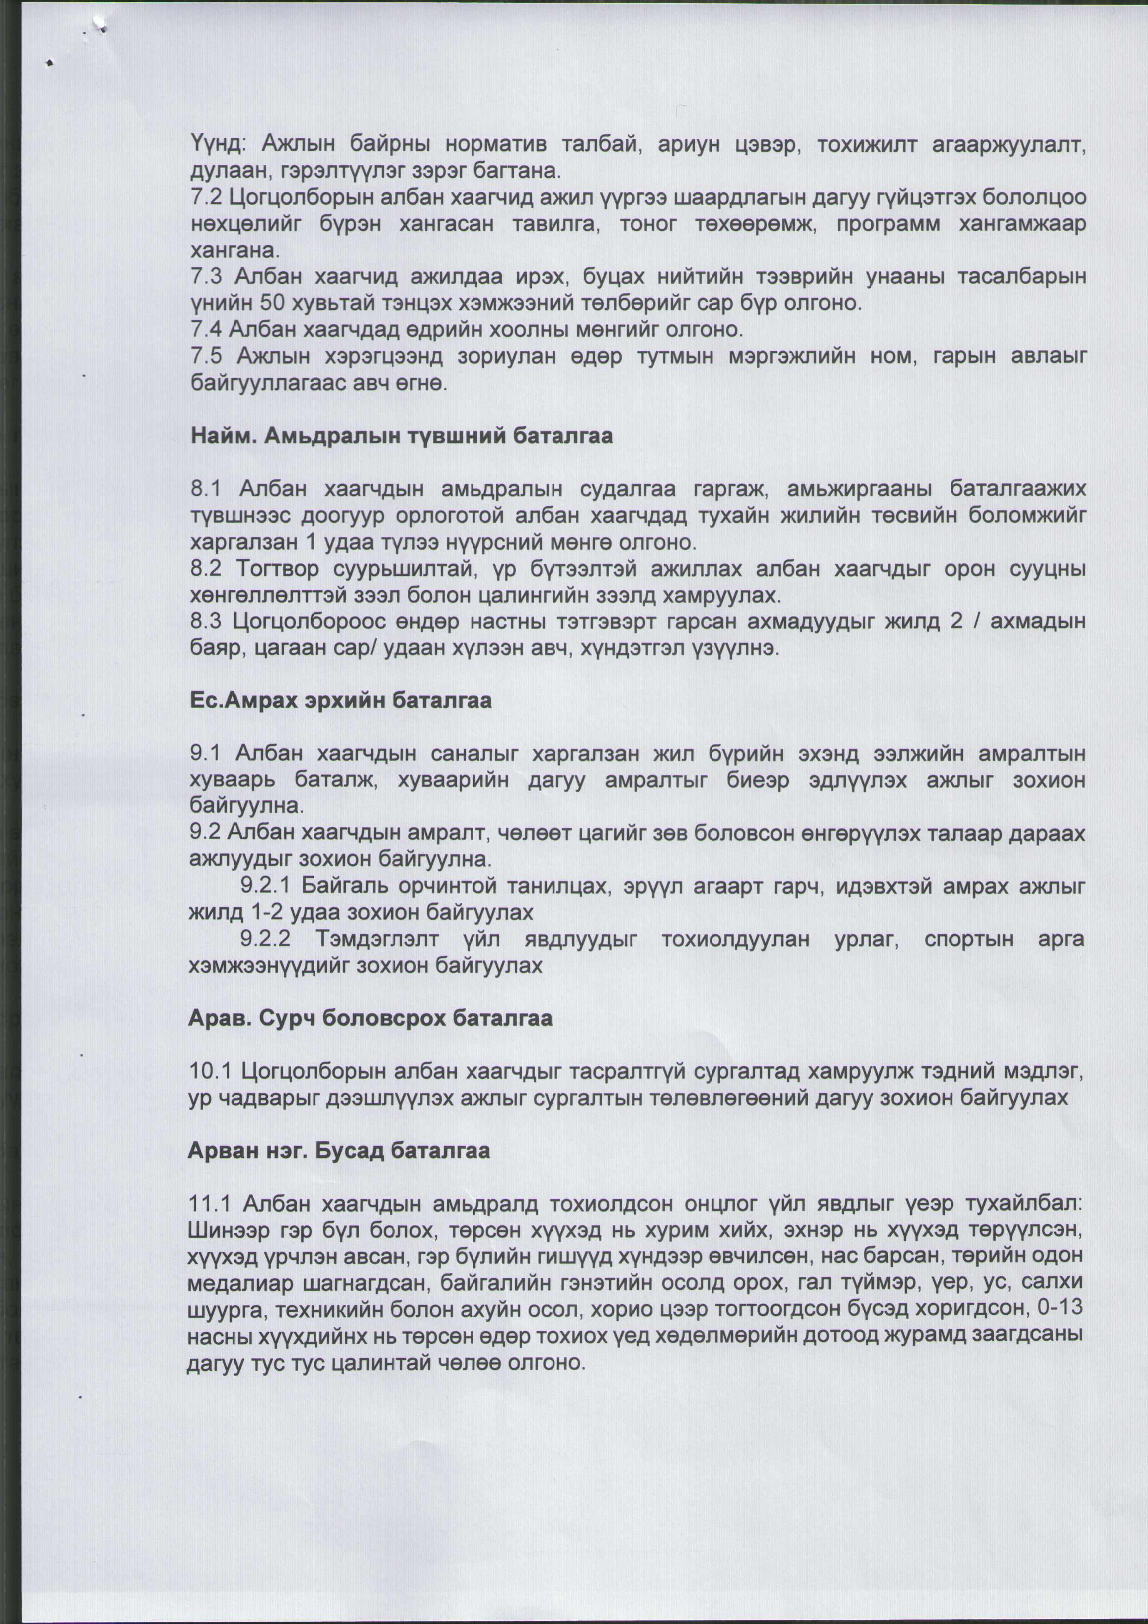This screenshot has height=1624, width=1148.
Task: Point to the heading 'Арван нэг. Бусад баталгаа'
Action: pyautogui.click(x=339, y=1151)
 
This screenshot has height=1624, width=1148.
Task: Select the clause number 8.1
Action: pyautogui.click(x=206, y=489)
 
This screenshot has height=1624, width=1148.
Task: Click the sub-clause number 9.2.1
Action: pyautogui.click(x=266, y=886)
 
